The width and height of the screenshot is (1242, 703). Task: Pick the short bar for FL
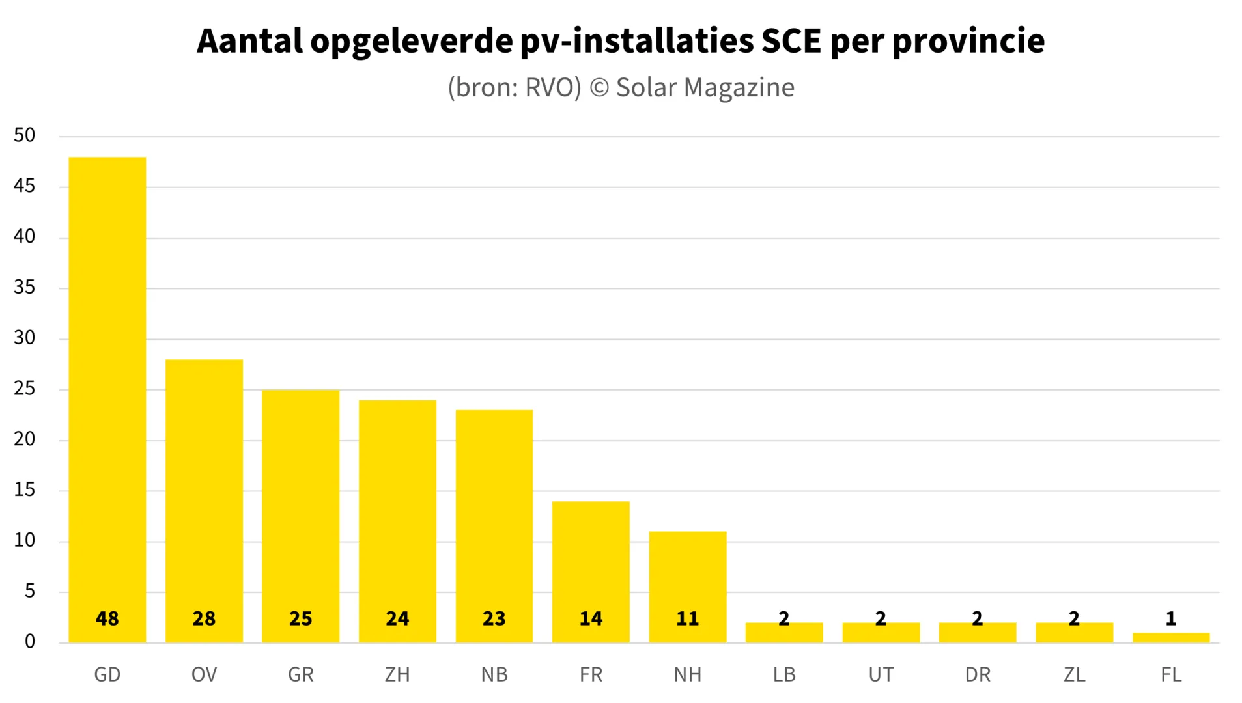1170,638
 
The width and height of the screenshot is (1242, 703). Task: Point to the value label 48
107,618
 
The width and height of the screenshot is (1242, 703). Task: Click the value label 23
494,618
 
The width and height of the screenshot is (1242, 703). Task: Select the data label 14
591,618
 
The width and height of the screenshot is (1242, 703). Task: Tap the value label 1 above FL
1170,618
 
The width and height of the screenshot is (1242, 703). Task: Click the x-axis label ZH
397,674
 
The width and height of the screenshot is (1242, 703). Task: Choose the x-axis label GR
301,674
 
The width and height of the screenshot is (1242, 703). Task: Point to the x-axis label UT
881,674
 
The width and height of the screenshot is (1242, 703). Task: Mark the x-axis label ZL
1074,674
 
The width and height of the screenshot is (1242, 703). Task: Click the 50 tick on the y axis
24,135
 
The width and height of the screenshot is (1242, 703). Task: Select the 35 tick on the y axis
24,287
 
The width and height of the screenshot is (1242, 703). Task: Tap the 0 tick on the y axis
29,642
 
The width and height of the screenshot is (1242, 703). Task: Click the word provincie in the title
968,41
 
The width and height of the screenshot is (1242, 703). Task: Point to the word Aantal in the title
249,41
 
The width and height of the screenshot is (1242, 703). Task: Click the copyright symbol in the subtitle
599,88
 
